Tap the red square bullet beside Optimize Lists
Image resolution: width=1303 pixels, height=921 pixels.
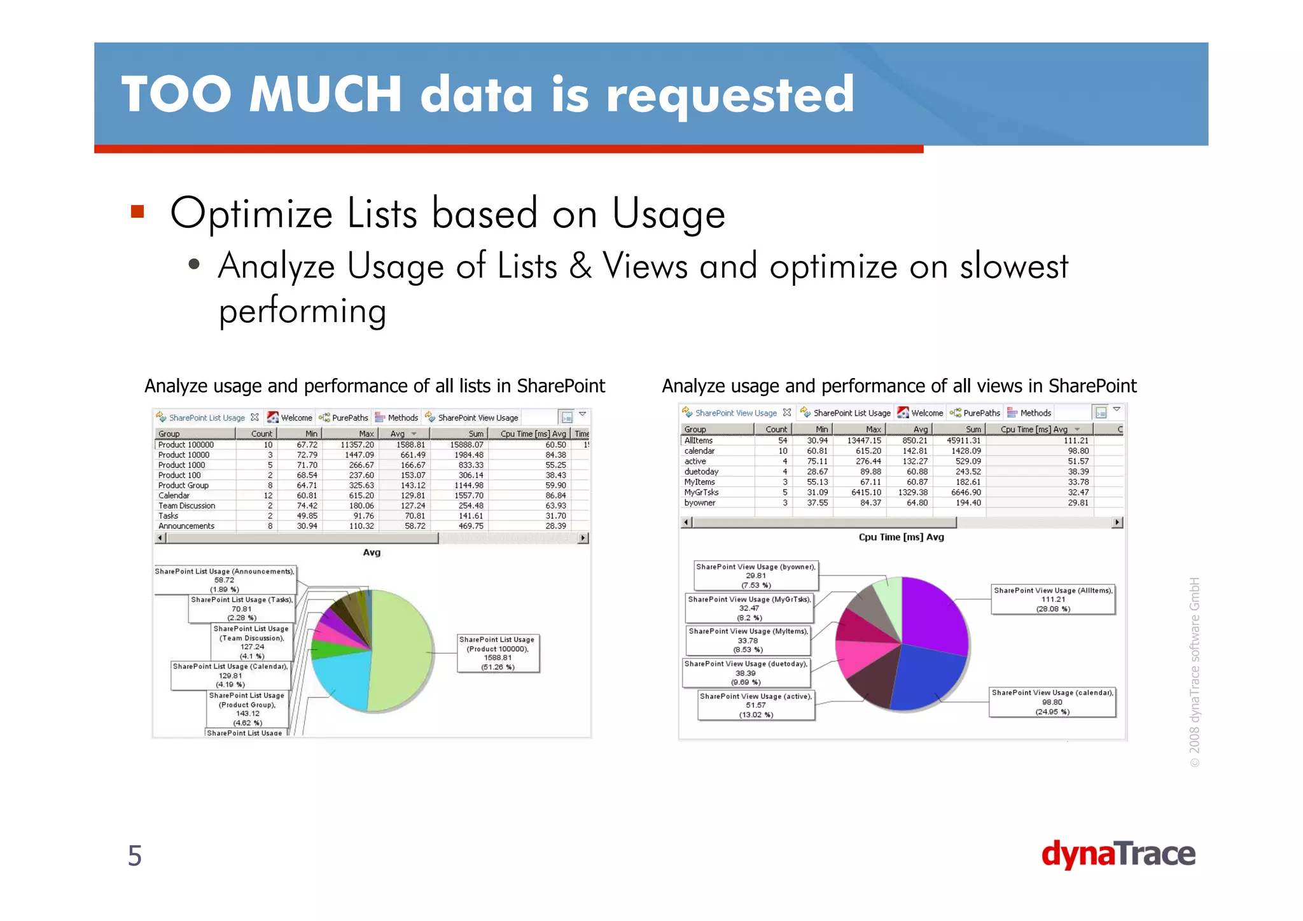click(137, 212)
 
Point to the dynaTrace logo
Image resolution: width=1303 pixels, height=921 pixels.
click(1118, 854)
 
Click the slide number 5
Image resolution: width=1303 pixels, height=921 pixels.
click(135, 855)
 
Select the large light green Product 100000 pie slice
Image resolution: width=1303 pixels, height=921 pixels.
click(401, 649)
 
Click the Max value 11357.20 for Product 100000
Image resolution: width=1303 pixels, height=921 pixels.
click(357, 445)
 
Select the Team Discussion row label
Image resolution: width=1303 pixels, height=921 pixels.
click(187, 506)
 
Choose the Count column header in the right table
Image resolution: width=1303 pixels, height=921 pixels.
click(776, 430)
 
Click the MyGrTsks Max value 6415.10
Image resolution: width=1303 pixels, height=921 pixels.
click(866, 493)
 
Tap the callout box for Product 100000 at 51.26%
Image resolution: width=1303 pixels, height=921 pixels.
click(498, 653)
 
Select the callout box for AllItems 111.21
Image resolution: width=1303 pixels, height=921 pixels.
click(1053, 600)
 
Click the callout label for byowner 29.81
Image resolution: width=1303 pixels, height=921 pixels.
click(755, 575)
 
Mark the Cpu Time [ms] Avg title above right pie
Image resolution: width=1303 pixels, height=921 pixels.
click(901, 537)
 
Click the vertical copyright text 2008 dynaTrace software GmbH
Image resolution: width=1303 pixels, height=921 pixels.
click(1194, 671)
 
